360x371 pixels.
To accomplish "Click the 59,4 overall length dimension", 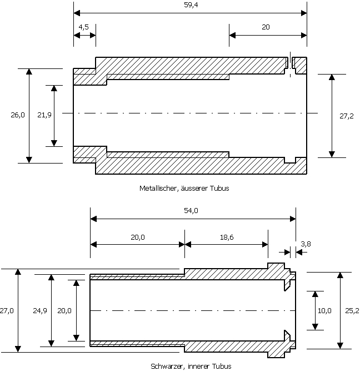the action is tap(191, 5).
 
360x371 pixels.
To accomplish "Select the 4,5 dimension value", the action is tap(83, 27).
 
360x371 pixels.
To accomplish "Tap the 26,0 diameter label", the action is tap(18, 115).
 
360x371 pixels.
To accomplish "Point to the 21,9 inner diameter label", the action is tap(44, 115).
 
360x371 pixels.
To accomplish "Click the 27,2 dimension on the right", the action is tap(347, 116).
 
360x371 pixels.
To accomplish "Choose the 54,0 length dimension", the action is tap(191, 211).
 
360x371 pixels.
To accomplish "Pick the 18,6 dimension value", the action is tap(227, 238).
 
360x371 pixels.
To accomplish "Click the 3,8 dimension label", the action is tap(306, 244).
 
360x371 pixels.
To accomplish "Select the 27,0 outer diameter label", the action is tap(7, 311).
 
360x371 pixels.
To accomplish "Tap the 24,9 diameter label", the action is tap(40, 311).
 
